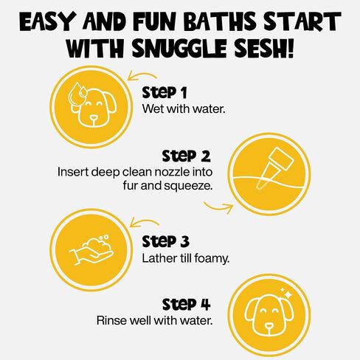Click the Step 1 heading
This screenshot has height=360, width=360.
[x=165, y=93]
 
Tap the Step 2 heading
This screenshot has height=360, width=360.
[x=186, y=156]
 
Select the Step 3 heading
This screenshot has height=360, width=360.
[x=165, y=241]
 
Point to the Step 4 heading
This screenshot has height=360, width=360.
[x=186, y=304]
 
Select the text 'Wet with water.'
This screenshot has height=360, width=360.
[x=184, y=108]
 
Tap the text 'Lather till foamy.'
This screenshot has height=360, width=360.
[x=186, y=258]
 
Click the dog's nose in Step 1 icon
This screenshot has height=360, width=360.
[x=93, y=118]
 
